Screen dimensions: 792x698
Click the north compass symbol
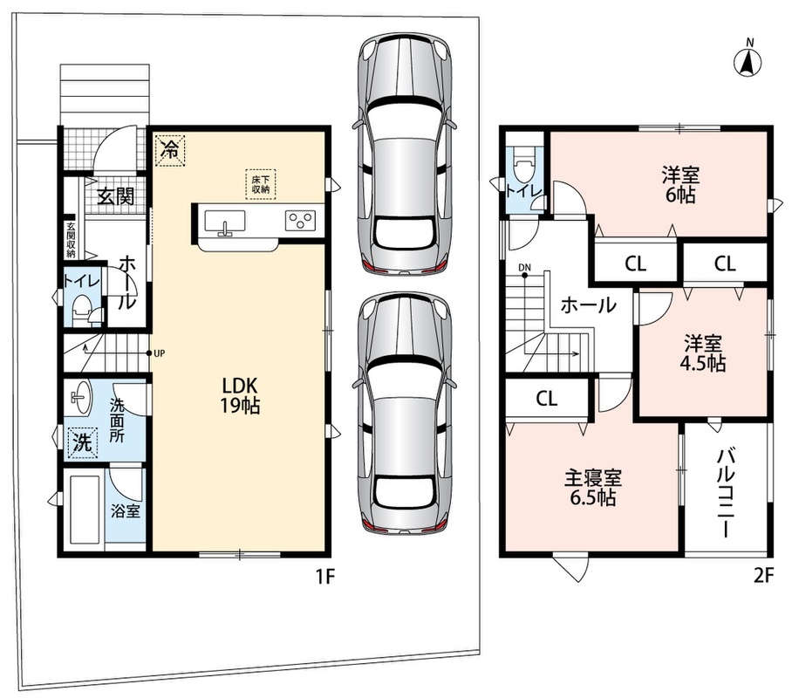tap(748, 61)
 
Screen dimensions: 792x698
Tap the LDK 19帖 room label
tap(241, 396)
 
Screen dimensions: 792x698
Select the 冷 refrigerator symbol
tap(170, 149)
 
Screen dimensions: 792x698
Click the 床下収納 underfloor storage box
tap(261, 184)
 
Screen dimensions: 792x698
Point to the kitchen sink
tap(225, 222)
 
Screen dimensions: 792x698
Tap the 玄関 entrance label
tap(116, 196)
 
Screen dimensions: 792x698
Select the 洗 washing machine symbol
tap(83, 443)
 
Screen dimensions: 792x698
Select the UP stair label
tap(159, 353)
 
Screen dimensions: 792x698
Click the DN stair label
tap(524, 267)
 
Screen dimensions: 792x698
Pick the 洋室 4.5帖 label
tap(703, 353)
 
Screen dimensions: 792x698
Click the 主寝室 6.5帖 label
tap(592, 488)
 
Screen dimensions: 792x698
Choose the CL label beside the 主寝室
tap(547, 399)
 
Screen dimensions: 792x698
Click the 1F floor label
tap(325, 576)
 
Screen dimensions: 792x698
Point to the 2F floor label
tap(763, 576)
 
